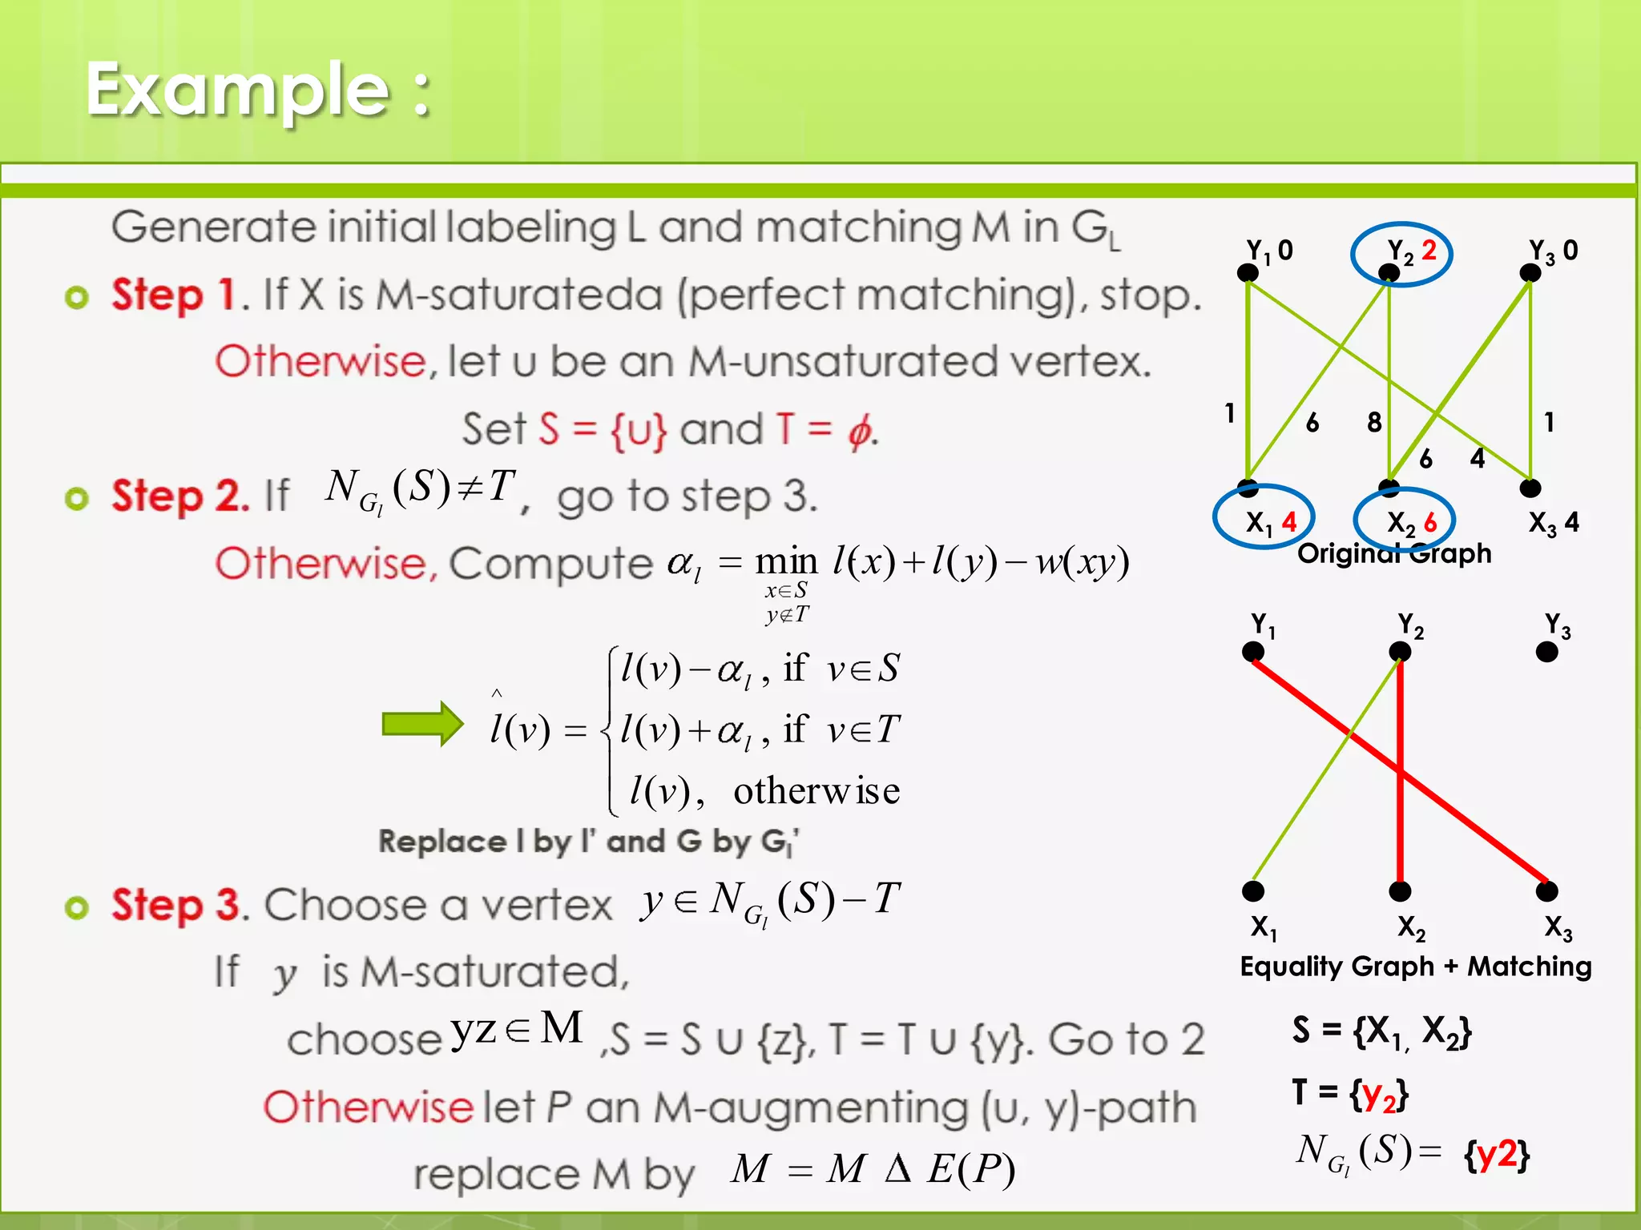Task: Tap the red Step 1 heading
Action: pyautogui.click(x=173, y=295)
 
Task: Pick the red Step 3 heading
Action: pyautogui.click(x=175, y=906)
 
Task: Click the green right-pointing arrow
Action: pyautogui.click(x=422, y=724)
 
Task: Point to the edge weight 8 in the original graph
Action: pyautogui.click(x=1374, y=422)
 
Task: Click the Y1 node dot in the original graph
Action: pyautogui.click(x=1248, y=273)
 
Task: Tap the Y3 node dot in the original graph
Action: pyautogui.click(x=1530, y=273)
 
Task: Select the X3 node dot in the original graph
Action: pyautogui.click(x=1530, y=488)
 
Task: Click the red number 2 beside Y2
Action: pyautogui.click(x=1429, y=251)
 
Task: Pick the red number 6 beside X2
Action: pyautogui.click(x=1430, y=523)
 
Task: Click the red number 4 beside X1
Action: pyautogui.click(x=1289, y=522)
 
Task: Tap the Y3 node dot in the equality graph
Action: pyautogui.click(x=1546, y=652)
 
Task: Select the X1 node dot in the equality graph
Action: pyautogui.click(x=1253, y=890)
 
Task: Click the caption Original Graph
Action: pyautogui.click(x=1394, y=553)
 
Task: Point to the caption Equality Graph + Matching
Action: pyautogui.click(x=1416, y=967)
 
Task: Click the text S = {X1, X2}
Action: pyautogui.click(x=1381, y=1031)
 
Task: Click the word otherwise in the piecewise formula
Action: pyautogui.click(x=816, y=791)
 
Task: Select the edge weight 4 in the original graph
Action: pyautogui.click(x=1478, y=458)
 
